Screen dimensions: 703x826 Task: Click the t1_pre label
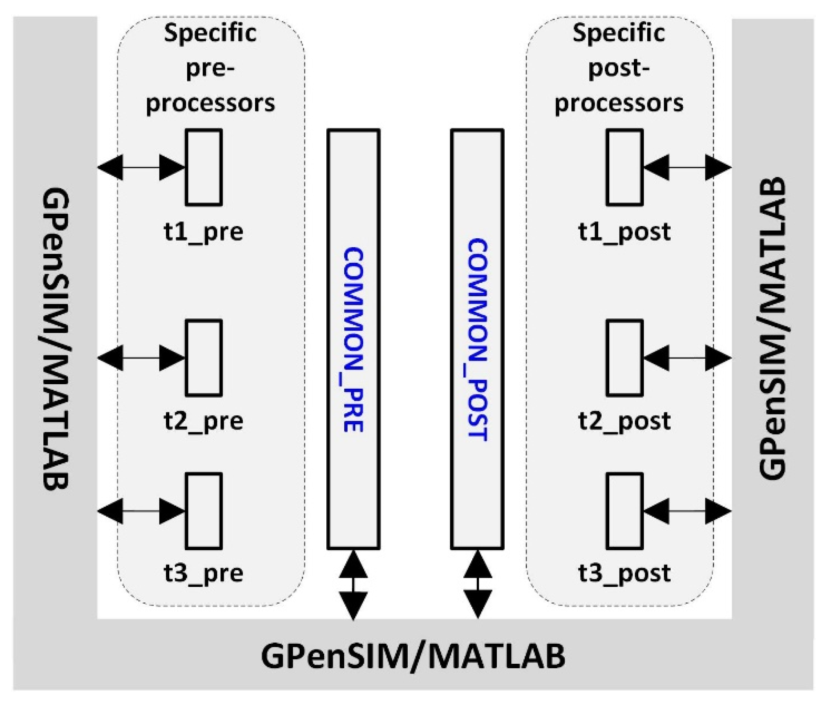click(203, 232)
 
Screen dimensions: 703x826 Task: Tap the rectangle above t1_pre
click(204, 167)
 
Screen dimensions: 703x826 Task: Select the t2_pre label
click(203, 421)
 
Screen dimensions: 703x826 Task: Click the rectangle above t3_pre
click(204, 511)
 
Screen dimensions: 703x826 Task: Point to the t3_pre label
click(203, 573)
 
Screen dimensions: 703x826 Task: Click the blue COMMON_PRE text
click(353, 339)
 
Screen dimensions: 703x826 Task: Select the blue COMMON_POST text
click(478, 339)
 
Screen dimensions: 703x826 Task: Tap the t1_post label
click(624, 232)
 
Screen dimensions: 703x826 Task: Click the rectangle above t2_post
click(624, 358)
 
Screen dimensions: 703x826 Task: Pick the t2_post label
click(624, 421)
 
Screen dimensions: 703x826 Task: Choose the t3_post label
click(624, 573)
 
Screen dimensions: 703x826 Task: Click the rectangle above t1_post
click(624, 167)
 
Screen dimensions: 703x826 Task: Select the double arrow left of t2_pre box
click(141, 358)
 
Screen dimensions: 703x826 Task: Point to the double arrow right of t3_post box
click(687, 511)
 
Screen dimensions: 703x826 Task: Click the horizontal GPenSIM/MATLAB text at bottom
click(413, 656)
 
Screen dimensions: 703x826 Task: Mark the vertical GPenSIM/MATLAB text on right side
click(772, 327)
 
